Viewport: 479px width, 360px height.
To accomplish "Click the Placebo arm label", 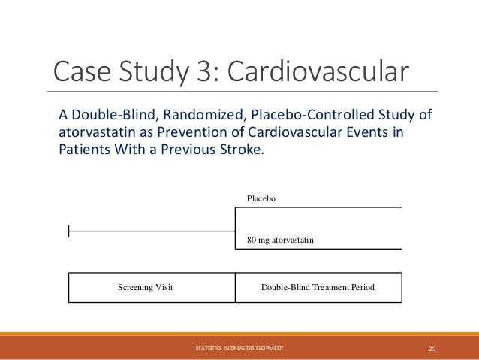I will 263,198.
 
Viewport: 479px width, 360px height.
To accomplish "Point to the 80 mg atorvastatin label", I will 280,240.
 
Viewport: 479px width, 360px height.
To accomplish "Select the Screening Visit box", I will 146,288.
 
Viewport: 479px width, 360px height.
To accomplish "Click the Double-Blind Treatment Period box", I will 318,288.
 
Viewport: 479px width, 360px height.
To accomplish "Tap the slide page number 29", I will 432,349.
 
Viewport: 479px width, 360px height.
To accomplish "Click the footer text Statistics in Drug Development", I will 239,349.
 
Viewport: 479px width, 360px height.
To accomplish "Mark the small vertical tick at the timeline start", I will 69,231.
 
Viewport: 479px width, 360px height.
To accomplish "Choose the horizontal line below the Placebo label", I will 318,207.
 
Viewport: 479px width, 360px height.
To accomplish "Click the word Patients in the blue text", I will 83,148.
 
